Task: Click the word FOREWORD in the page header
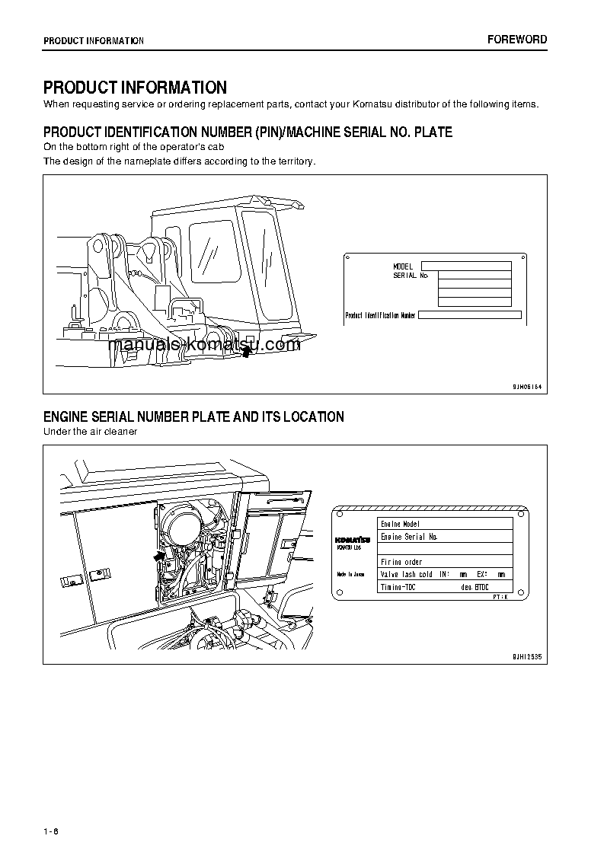click(517, 40)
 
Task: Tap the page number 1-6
click(51, 831)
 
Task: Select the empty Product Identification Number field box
click(470, 314)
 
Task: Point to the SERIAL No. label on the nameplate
click(411, 275)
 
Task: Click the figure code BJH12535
click(526, 656)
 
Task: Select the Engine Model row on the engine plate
click(446, 524)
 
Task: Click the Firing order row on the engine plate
click(446, 562)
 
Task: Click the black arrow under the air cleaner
click(158, 557)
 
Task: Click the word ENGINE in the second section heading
click(66, 417)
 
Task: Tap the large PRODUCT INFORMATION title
click(135, 88)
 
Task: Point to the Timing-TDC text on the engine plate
click(398, 587)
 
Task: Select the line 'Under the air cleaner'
click(90, 432)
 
